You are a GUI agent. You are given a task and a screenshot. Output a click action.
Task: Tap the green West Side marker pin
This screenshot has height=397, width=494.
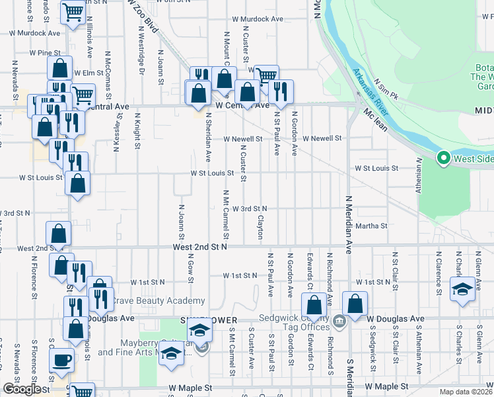(443, 159)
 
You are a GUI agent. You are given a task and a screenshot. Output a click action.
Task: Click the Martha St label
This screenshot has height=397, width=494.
(371, 226)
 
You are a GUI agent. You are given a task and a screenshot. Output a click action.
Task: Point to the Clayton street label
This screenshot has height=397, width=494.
(260, 228)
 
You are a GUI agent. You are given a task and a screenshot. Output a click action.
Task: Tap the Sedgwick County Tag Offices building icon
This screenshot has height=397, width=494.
(339, 322)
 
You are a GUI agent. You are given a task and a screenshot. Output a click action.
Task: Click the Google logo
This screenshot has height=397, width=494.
(22, 389)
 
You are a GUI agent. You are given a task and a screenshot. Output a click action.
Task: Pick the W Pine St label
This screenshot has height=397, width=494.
(45, 52)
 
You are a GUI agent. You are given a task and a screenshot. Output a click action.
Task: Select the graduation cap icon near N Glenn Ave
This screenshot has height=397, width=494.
(462, 288)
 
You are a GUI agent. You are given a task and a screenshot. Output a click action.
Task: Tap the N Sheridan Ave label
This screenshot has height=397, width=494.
(208, 137)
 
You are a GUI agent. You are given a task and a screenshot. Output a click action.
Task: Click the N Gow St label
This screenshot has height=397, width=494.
(190, 268)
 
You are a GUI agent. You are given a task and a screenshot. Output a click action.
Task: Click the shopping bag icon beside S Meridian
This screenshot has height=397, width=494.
(355, 305)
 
